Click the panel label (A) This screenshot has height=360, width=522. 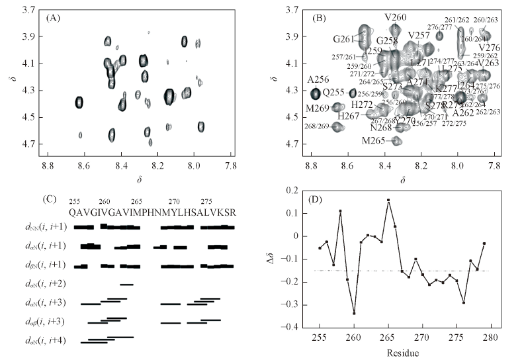(55, 18)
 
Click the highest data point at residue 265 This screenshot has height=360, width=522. (388, 200)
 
